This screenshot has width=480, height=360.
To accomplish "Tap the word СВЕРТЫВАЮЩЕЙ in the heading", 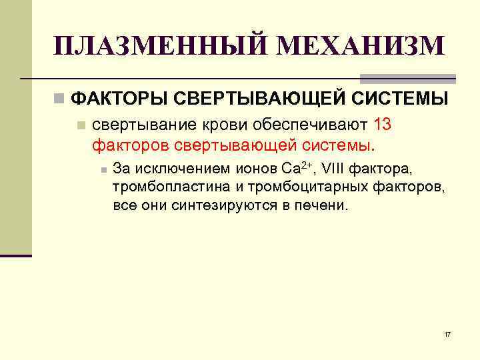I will coord(258,99).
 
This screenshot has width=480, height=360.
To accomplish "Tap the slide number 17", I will coord(447,334).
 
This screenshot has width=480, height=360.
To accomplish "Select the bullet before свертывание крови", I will coord(81,125).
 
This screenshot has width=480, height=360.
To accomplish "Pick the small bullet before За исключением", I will coord(103,167).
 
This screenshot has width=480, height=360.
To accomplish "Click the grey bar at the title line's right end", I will coord(408,79).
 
